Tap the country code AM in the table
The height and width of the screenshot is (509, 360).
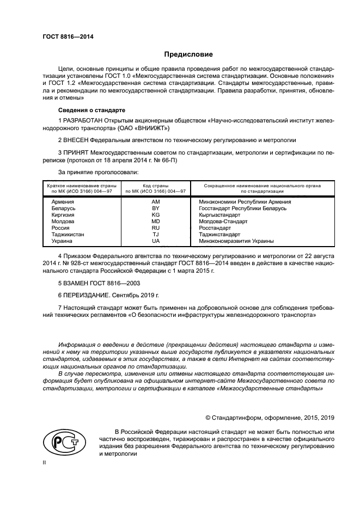[156, 201]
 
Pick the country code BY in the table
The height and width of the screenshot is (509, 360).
[156, 208]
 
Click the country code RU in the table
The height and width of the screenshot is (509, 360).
[156, 228]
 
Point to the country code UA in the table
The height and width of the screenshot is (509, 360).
[156, 241]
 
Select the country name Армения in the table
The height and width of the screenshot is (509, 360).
[63, 201]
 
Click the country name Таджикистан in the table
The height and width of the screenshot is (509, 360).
[68, 234]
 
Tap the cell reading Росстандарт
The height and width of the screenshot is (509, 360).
[215, 228]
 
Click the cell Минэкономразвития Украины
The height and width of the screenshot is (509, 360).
[236, 241]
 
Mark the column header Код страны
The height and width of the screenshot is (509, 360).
[156, 186]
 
